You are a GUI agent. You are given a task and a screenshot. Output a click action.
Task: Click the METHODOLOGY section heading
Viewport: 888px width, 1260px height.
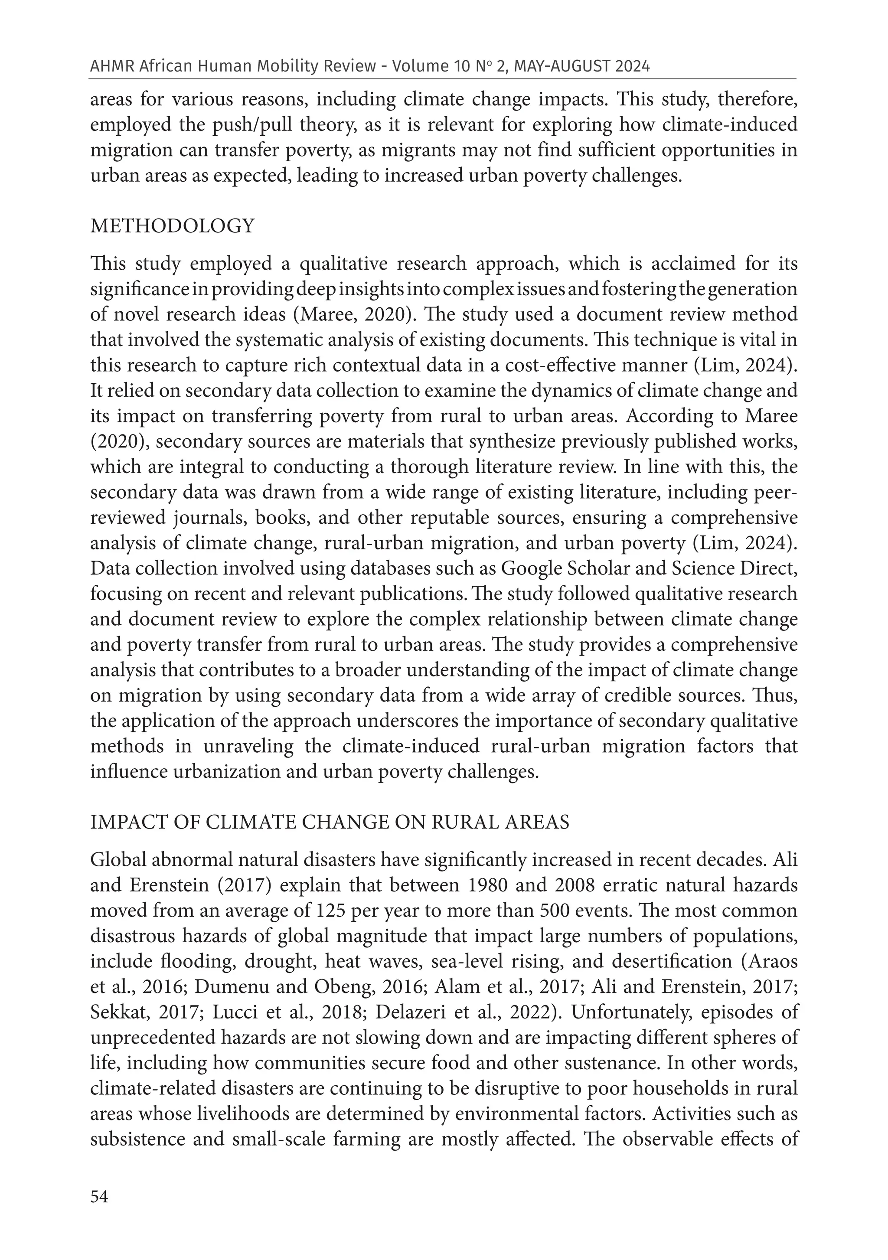(172, 226)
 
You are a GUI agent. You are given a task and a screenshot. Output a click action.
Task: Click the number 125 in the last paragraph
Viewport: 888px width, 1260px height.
(331, 911)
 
